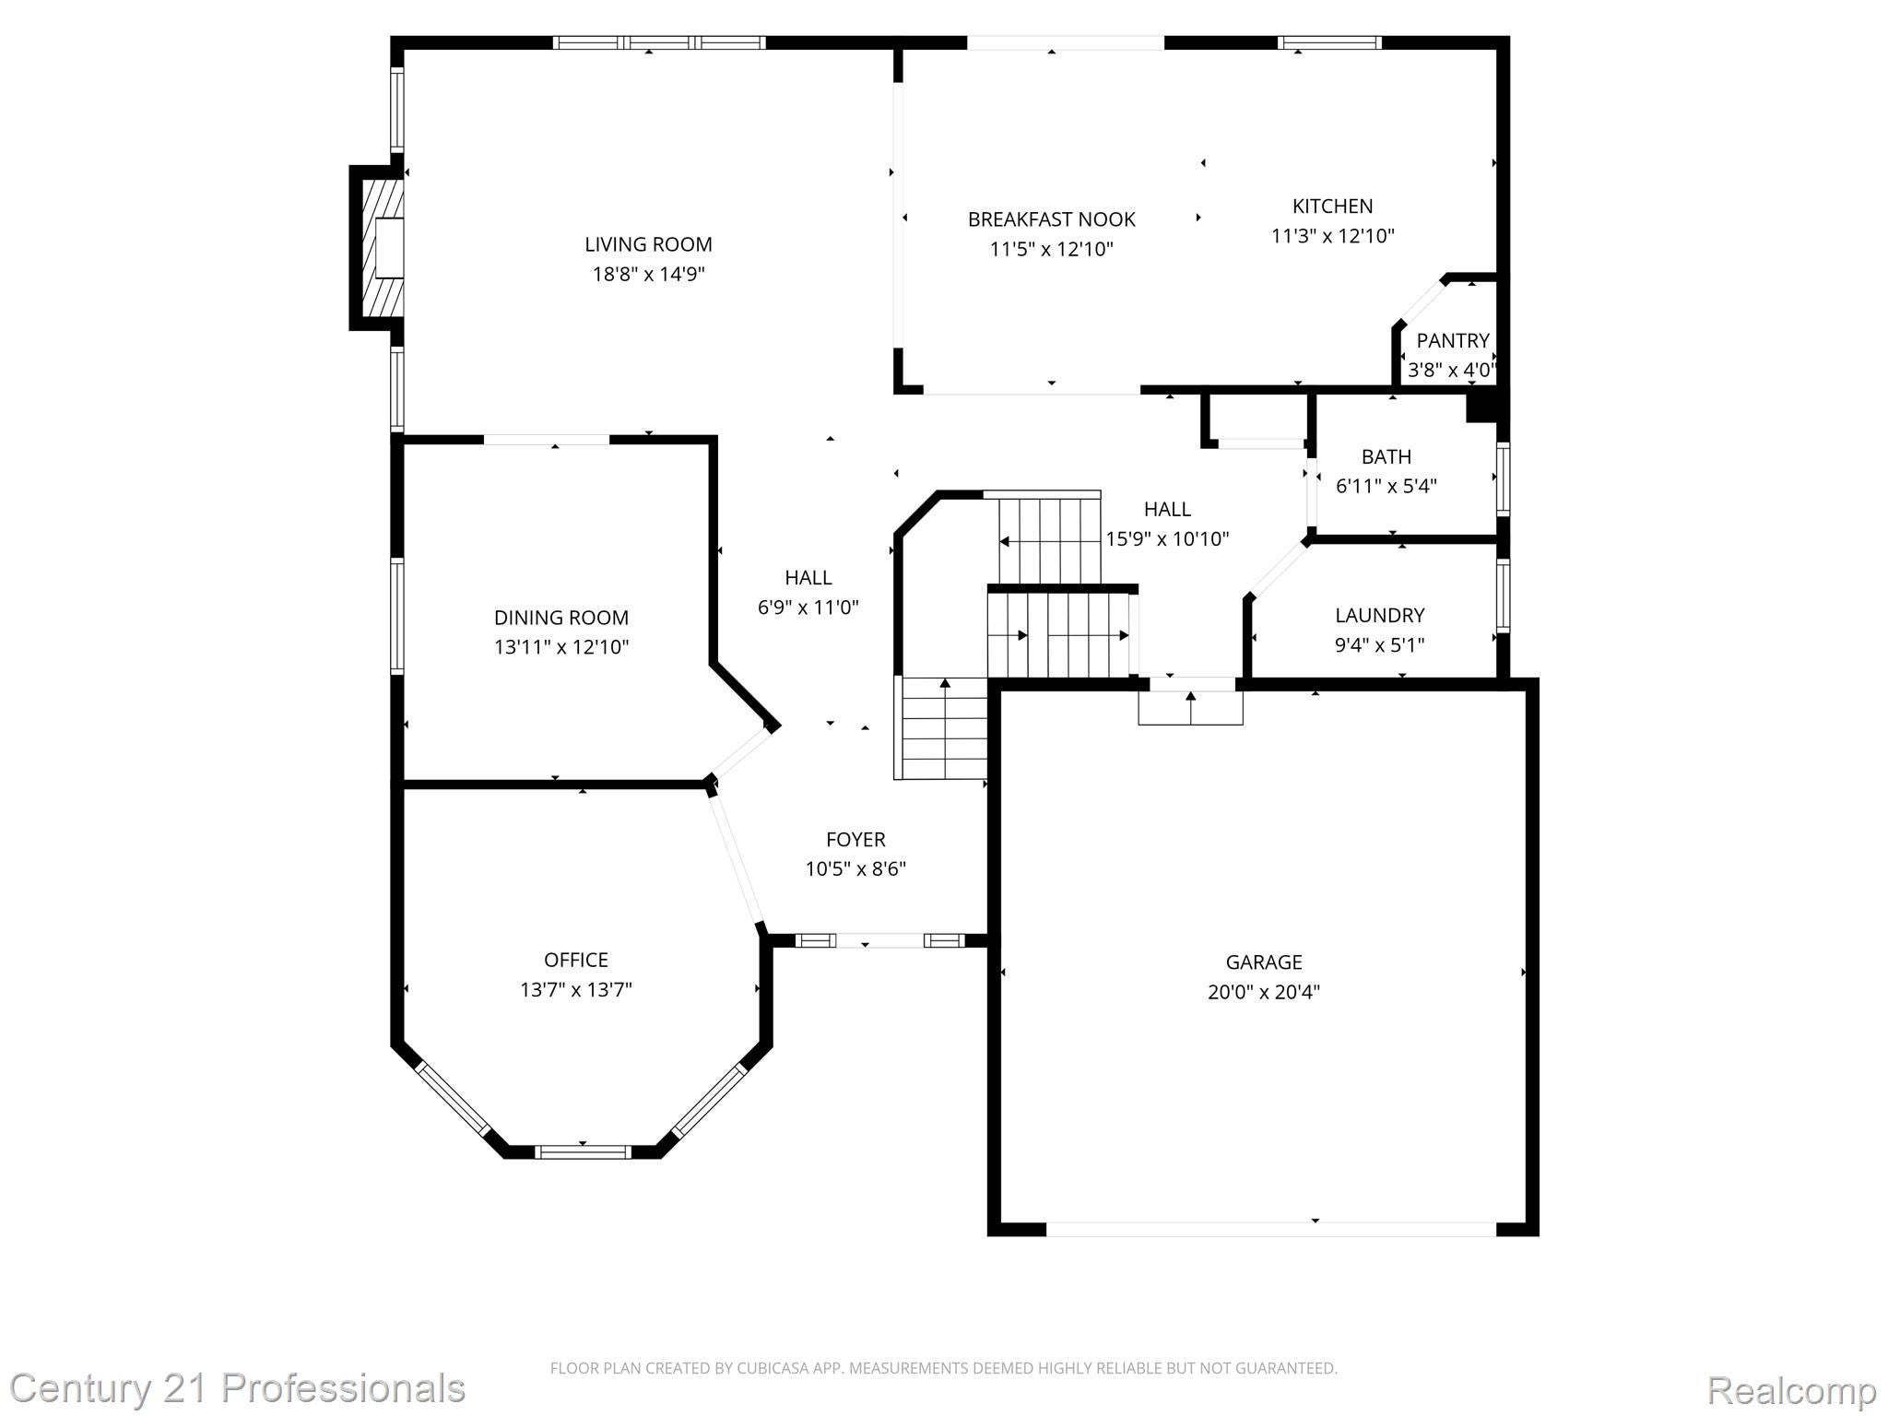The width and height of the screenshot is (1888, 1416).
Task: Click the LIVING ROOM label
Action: [648, 244]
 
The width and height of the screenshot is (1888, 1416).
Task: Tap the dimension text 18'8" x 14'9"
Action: [648, 274]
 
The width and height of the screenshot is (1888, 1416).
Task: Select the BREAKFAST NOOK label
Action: [1051, 219]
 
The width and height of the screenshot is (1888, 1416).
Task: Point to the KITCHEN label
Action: [1332, 206]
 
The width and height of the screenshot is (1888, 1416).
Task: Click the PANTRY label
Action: [1452, 341]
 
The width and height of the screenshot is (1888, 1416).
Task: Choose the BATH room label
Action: [1386, 456]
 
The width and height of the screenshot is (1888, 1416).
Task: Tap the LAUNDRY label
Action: [1379, 615]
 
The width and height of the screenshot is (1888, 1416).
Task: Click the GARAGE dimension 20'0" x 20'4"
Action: [1263, 992]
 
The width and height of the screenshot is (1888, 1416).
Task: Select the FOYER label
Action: [855, 839]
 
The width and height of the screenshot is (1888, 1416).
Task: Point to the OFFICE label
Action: [575, 960]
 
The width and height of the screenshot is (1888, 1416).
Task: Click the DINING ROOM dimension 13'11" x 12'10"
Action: [560, 647]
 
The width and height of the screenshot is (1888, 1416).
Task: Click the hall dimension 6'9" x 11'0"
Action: [808, 608]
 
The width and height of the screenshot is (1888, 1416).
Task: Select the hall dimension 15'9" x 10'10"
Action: [1166, 539]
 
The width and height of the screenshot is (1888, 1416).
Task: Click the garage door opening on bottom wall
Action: [1270, 1229]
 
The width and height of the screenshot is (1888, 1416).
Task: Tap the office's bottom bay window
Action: [583, 1151]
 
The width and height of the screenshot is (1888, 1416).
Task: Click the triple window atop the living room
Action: [658, 42]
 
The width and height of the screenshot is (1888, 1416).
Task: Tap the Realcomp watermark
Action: [1791, 1390]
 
